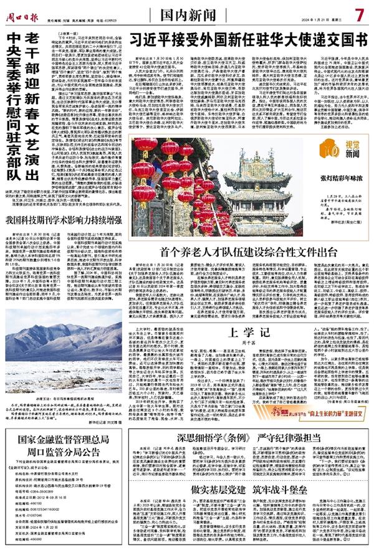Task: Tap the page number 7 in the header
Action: tap(359, 12)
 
